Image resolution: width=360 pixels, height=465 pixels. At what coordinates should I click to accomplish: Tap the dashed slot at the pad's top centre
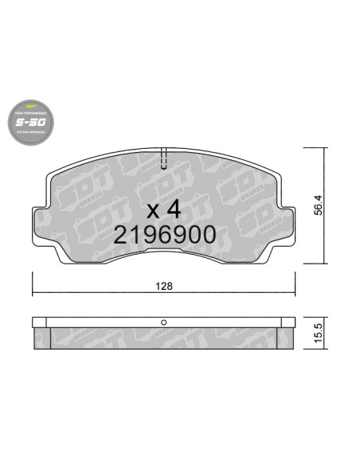click(163, 159)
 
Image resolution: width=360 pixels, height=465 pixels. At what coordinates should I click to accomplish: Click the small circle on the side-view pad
click(163, 322)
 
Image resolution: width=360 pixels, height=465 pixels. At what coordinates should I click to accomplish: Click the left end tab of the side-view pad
click(40, 323)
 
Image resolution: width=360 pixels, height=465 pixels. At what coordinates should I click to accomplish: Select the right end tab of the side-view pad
click(287, 323)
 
